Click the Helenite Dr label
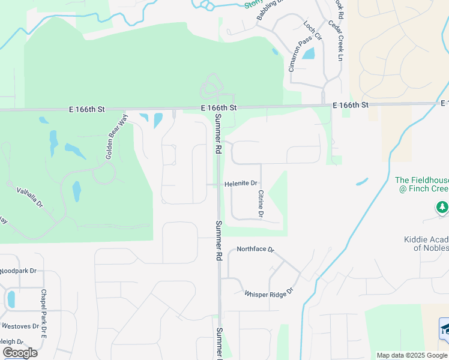[241, 184]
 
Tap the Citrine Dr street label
[261, 203]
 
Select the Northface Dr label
[255, 248]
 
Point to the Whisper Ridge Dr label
[268, 293]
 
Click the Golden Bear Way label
[118, 136]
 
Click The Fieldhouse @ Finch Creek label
[423, 184]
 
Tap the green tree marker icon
[442, 207]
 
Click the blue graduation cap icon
[445, 328]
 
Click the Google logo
[20, 353]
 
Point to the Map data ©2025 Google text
[411, 355]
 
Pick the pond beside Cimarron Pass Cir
[309, 53]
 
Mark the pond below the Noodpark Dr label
[11, 299]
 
